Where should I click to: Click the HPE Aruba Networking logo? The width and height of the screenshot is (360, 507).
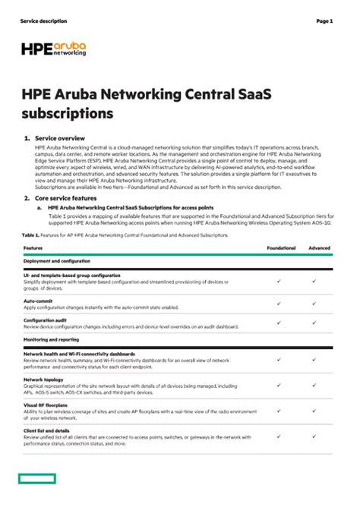pos(54,49)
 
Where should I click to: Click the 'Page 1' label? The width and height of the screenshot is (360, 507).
pos(324,20)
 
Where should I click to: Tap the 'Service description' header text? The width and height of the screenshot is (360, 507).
pos(43,20)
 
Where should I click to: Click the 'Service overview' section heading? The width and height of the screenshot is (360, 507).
pos(59,139)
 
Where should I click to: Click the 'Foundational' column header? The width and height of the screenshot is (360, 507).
pos(280,248)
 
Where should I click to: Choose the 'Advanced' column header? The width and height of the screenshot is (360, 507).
pos(320,248)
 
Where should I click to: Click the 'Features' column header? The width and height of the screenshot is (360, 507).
pos(33,248)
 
